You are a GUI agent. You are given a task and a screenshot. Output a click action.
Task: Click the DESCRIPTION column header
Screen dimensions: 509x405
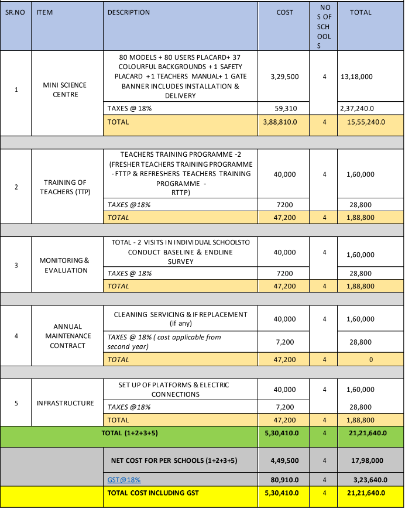pos(129,12)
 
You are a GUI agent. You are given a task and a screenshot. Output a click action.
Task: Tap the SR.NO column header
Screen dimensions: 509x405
pos(15,12)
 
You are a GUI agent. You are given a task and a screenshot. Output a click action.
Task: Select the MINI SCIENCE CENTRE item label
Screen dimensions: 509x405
pos(64,90)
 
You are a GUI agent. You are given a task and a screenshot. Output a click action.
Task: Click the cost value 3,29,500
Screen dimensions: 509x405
pos(285,77)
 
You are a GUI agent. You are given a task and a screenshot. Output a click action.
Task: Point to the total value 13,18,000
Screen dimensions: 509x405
pos(356,77)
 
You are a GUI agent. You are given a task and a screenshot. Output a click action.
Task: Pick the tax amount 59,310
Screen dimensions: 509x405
pos(285,108)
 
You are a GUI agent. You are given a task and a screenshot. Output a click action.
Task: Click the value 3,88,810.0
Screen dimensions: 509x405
pos(285,123)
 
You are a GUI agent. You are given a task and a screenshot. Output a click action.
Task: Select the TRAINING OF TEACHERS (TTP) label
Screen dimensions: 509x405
pos(64,187)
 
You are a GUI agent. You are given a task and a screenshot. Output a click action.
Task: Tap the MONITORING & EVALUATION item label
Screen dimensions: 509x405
pos(64,265)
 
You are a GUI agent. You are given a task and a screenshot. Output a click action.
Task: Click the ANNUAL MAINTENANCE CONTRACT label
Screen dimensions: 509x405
pos(68,336)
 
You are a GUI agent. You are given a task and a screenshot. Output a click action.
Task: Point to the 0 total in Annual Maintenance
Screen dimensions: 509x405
pos(370,360)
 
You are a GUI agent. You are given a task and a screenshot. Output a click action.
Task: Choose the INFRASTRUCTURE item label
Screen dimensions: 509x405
pos(65,403)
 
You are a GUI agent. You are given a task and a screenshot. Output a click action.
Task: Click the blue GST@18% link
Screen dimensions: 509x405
pos(124,480)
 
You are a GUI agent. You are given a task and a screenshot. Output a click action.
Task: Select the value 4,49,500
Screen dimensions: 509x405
pos(285,460)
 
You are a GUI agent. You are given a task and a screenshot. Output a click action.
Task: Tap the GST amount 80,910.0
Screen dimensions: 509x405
pos(285,480)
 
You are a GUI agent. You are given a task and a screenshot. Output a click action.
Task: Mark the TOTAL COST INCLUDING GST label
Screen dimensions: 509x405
pos(153,493)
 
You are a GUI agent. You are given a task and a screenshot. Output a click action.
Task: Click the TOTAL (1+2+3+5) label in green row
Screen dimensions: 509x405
pos(128,434)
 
